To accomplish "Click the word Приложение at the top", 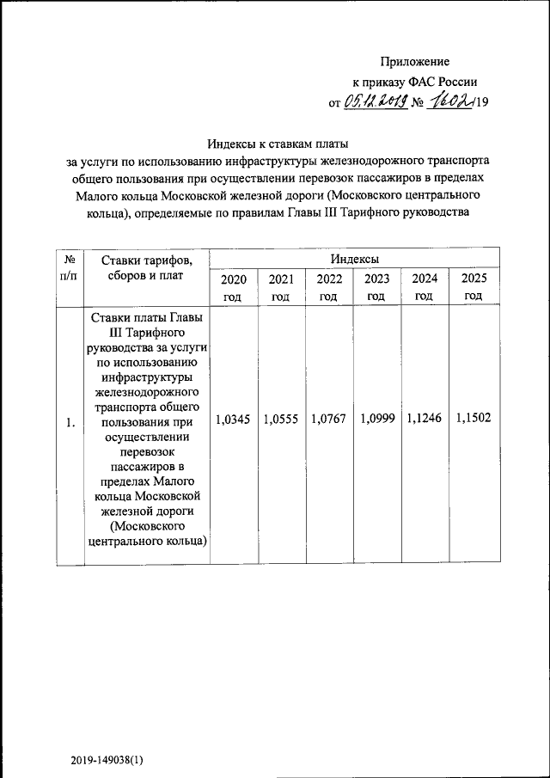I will click(415, 61).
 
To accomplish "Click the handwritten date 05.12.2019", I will click(375, 101).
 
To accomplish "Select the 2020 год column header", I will click(234, 287).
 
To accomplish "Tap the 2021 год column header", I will click(281, 287).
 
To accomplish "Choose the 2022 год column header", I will click(329, 287).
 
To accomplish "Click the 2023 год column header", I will click(376, 287).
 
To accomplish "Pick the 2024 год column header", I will click(424, 287).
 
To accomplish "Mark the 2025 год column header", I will click(474, 287).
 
